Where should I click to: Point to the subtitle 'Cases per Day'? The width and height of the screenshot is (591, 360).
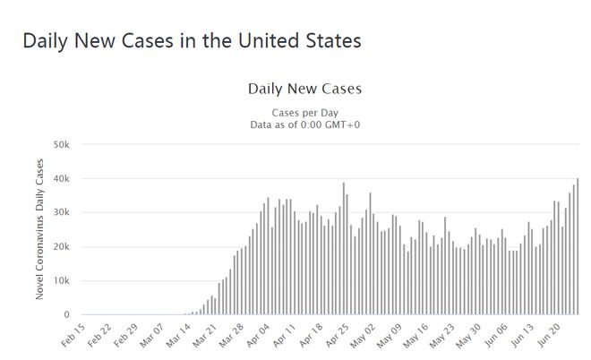click(304, 113)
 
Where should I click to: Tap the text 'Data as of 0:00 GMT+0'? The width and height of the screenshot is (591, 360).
click(304, 124)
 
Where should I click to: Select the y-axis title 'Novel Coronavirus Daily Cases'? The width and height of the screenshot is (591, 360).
click(41, 229)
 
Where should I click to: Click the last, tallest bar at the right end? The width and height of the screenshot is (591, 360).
click(578, 247)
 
